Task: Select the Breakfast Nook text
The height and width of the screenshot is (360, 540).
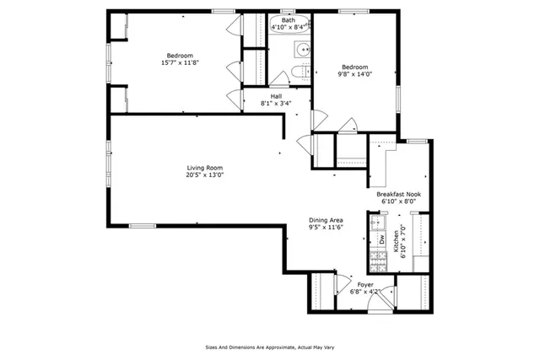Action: pos(398,194)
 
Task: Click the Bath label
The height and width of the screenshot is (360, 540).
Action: pos(289,20)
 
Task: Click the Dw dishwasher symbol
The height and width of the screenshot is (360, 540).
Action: pos(381,239)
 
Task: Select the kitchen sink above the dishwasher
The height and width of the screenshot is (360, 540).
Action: pos(376,223)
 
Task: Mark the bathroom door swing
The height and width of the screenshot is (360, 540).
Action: pos(278,78)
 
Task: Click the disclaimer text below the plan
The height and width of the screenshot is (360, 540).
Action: pos(268,346)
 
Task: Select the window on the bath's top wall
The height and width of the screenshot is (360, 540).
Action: pos(288,11)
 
